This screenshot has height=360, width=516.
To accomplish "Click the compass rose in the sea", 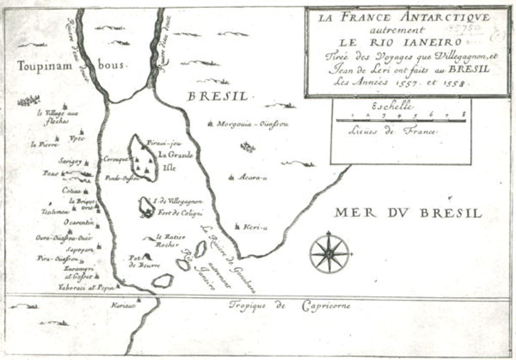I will (329, 253).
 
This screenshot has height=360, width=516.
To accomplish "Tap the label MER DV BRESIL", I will (408, 213).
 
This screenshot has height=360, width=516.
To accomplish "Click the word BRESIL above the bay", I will (218, 96).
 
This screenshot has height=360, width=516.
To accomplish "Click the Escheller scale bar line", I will (400, 120).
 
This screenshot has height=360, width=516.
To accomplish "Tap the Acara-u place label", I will (252, 177).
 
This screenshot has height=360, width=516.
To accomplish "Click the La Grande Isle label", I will (176, 160).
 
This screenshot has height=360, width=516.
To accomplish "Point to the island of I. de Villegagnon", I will (146, 206).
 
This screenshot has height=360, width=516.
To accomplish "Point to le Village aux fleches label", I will (58, 117).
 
